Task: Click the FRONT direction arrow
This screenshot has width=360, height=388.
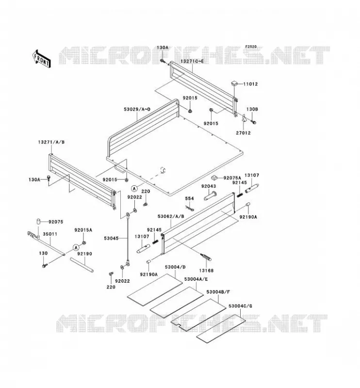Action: click(41, 59)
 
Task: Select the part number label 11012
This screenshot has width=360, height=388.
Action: click(250, 84)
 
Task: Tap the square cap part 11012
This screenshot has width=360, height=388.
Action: click(234, 82)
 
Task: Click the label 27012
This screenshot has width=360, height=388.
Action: click(243, 133)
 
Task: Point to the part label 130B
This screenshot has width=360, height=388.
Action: click(252, 109)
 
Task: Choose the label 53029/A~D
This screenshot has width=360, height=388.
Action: click(137, 109)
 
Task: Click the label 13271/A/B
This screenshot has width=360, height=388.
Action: click(51, 142)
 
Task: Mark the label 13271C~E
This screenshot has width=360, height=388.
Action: click(192, 61)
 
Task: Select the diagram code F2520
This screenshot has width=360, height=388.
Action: click(251, 47)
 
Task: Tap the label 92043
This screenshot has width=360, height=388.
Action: click(209, 186)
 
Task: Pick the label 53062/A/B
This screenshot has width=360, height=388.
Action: click(171, 216)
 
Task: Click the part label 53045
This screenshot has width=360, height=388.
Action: click(111, 238)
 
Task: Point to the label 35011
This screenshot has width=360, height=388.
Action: click(50, 234)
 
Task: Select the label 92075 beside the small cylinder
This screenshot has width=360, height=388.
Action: click(56, 222)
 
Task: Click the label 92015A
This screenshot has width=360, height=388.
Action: click(83, 230)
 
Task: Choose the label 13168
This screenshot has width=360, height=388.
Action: click(206, 271)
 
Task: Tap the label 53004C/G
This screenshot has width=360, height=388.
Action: click(240, 306)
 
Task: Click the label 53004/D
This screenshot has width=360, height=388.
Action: click(175, 267)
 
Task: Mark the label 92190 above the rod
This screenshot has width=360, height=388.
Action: click(84, 254)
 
